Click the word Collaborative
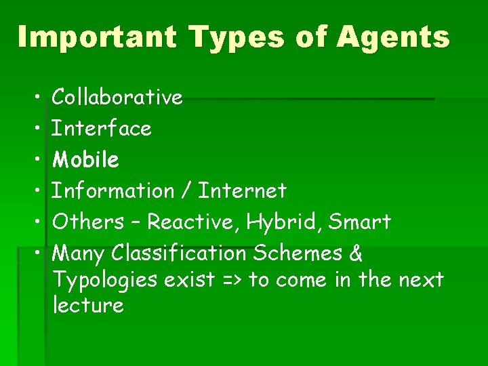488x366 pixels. point(117,98)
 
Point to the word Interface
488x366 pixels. point(102,128)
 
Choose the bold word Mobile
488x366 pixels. point(86,160)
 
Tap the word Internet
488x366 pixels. point(243,191)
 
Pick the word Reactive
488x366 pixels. point(194,222)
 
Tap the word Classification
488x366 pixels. point(180,253)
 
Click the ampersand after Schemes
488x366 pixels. point(357,253)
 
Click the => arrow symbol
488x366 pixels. point(232,280)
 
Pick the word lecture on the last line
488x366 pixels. point(88,306)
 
